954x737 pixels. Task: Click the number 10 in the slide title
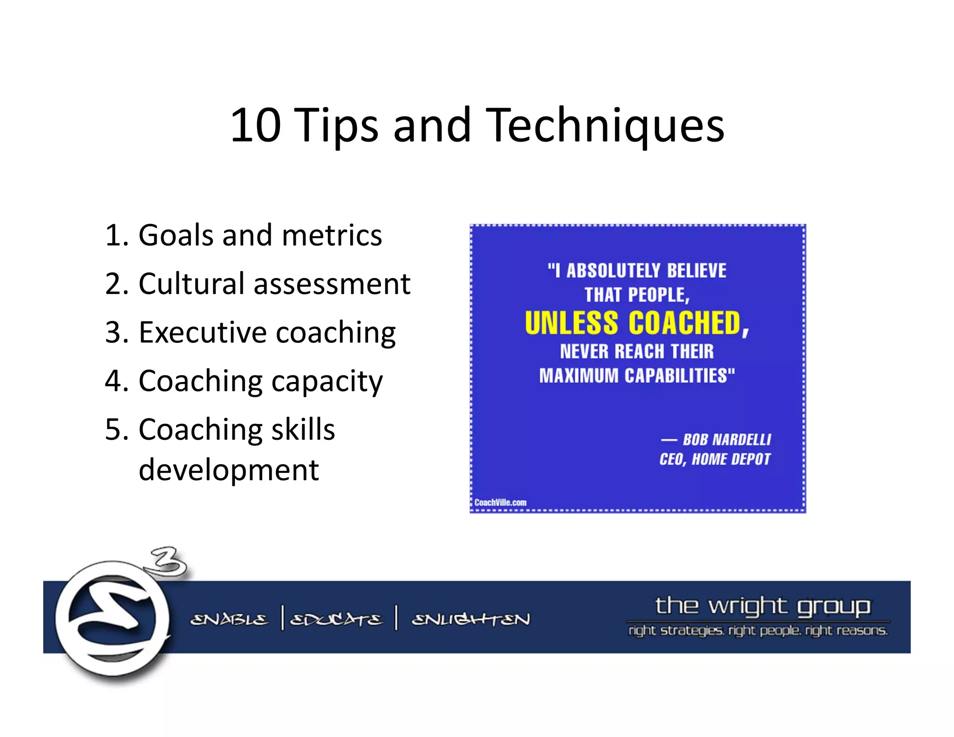[x=255, y=125]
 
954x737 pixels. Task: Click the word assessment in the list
[x=332, y=284]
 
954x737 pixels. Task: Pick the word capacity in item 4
[x=327, y=381]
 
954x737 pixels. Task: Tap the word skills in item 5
[x=303, y=429]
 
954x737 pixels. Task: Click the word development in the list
[x=229, y=470]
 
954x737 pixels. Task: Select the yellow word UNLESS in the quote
[x=571, y=323]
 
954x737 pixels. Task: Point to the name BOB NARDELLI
[x=726, y=439]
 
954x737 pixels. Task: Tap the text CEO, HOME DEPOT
[x=715, y=459]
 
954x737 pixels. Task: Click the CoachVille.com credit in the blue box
[x=500, y=502]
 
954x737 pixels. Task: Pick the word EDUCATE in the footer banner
[x=336, y=620]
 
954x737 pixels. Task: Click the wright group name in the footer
[x=762, y=606]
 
